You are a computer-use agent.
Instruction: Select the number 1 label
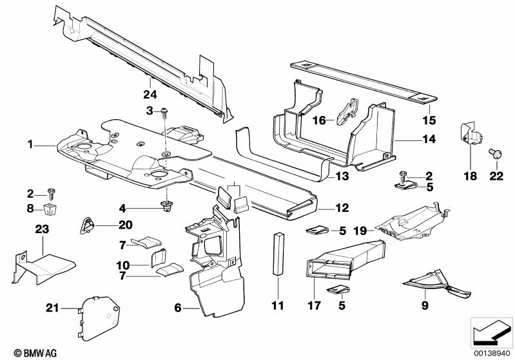(x=30, y=144)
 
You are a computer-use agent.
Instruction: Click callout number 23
(x=43, y=229)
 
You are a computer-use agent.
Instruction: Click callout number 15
(x=428, y=120)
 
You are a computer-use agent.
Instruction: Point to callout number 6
(x=177, y=308)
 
